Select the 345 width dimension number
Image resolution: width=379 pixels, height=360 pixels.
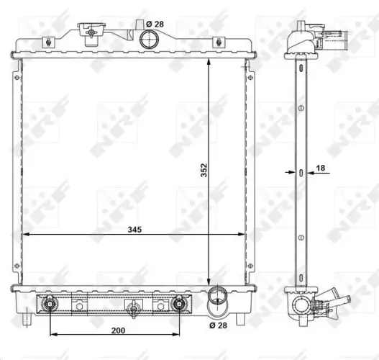(x=134, y=230)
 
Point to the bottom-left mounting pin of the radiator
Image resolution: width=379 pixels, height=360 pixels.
(x=26, y=315)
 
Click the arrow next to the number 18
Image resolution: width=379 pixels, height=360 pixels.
(x=308, y=172)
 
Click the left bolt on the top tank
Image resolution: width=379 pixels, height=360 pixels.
(x=48, y=41)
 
